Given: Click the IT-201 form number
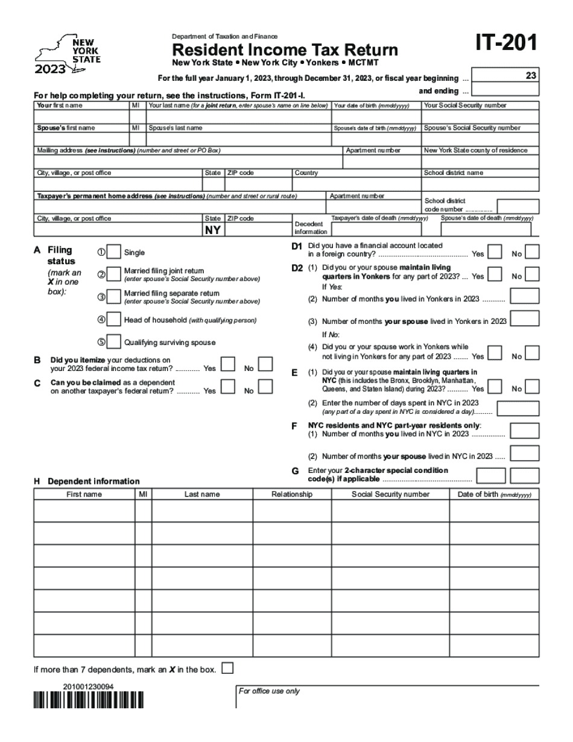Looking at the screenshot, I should pos(505,44).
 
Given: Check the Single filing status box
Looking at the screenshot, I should pos(113,253).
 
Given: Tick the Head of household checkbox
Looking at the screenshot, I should pos(113,320).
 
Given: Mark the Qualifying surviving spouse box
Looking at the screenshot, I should pos(113,342).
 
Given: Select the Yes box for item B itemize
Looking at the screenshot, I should pos(228,364).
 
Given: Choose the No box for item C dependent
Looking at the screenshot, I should pos(265,387).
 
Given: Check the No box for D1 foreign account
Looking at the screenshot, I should pos(532,252).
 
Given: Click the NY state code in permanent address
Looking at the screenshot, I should pos(213,230).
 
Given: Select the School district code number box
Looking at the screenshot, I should pos(517,206).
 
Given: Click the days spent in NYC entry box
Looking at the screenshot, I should pos(518,408).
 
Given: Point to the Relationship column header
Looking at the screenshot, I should pos(292,494).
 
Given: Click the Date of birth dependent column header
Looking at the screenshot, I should pos(495,494).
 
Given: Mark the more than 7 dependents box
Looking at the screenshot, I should pos(227,668).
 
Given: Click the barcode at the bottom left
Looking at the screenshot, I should pos(89,700).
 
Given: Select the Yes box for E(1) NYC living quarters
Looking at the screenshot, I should pos(494,386).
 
